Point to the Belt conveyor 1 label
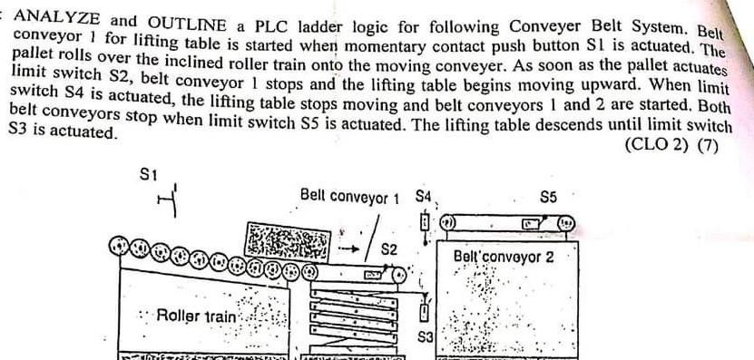(349, 196)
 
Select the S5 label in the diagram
(549, 196)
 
